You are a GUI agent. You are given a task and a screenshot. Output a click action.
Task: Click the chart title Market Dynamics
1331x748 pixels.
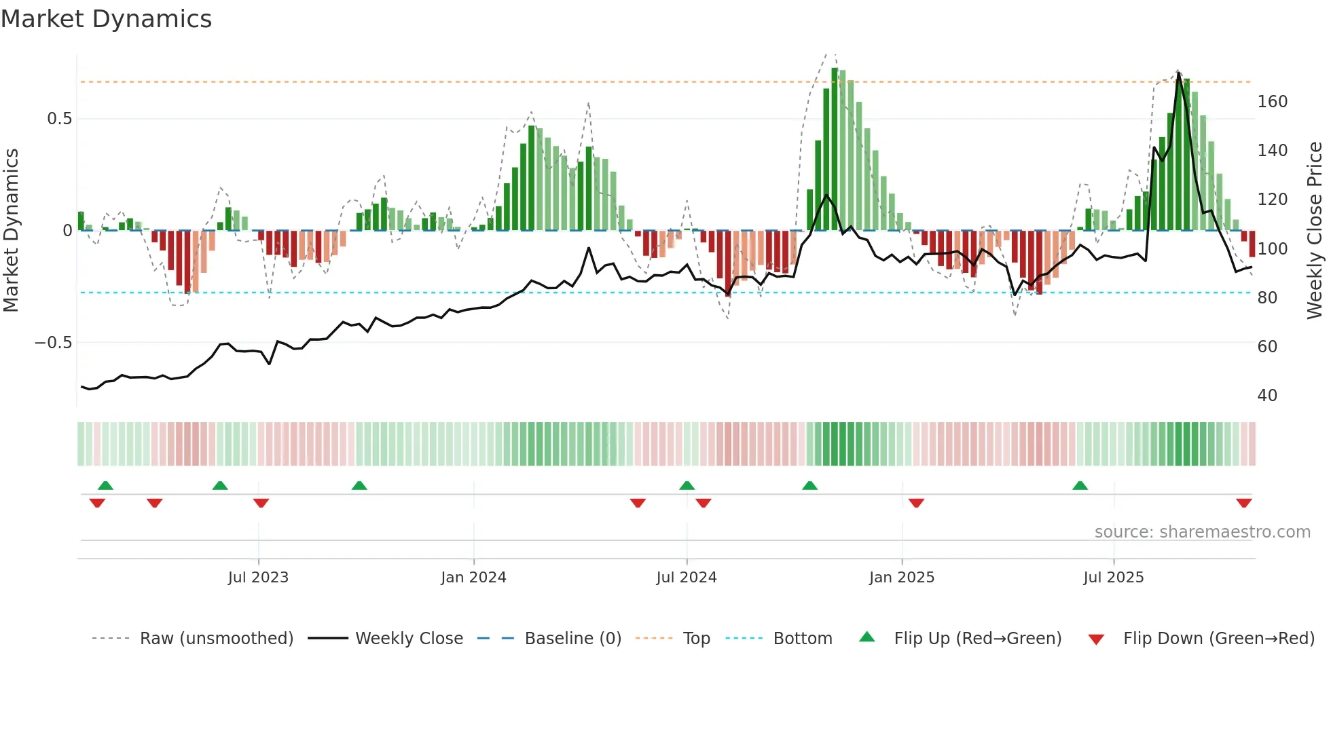point(107,19)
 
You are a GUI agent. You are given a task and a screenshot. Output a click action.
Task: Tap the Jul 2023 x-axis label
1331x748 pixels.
point(258,578)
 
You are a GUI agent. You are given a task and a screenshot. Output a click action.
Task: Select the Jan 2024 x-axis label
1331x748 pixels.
point(473,578)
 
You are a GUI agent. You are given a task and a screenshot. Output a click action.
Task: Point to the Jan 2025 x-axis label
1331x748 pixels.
point(902,578)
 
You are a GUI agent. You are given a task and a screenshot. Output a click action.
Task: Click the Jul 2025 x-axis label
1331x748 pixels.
point(1114,578)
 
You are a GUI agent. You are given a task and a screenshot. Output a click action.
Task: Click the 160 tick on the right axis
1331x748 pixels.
point(1272,102)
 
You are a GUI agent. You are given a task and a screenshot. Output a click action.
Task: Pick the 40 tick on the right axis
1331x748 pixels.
point(1267,396)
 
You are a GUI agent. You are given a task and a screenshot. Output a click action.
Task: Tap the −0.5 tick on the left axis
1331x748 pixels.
point(54,343)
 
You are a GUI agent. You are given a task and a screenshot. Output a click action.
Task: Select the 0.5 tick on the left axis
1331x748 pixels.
point(59,119)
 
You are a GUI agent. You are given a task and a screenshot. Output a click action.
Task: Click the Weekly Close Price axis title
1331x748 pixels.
point(1315,231)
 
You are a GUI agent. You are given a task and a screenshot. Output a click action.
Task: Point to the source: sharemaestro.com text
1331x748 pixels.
point(1202,532)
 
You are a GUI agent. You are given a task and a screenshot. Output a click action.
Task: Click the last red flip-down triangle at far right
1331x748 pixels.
point(1244,503)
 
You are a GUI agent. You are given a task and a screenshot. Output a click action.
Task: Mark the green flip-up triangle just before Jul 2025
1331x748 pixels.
point(1080,485)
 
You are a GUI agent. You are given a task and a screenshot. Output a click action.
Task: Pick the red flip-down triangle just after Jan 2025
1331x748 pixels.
point(916,503)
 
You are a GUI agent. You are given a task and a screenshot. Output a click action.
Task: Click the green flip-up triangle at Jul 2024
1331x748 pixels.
point(687,485)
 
